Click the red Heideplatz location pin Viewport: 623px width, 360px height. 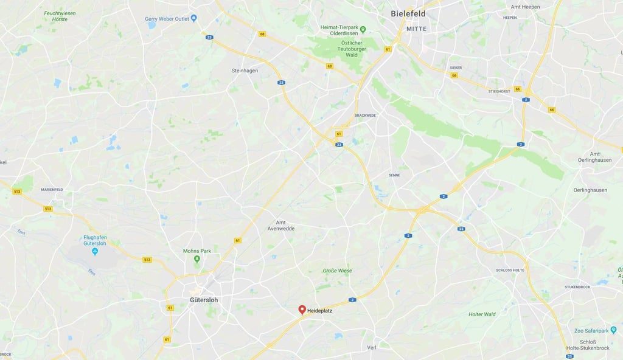pyautogui.click(x=302, y=310)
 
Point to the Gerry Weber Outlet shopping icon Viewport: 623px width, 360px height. pyautogui.click(x=193, y=18)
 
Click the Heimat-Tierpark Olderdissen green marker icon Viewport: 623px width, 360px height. pyautogui.click(x=363, y=29)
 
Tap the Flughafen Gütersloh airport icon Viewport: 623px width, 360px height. pyautogui.click(x=94, y=251)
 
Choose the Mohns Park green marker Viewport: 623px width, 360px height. pyautogui.click(x=197, y=259)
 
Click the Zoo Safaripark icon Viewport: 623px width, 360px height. pyautogui.click(x=613, y=331)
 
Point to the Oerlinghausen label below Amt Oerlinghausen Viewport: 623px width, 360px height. pyautogui.click(x=590, y=190)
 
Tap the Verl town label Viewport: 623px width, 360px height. pyautogui.click(x=372, y=347)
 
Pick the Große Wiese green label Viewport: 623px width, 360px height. pyautogui.click(x=337, y=271)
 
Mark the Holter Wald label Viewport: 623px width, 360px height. pyautogui.click(x=482, y=314)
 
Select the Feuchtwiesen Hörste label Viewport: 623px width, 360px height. pyautogui.click(x=60, y=16)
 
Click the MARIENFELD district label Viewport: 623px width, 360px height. pyautogui.click(x=52, y=190)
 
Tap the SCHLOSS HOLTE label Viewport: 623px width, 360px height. pyautogui.click(x=510, y=270)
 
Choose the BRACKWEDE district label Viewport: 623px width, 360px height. pyautogui.click(x=366, y=115)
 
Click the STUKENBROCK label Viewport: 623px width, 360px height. pyautogui.click(x=578, y=286)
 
